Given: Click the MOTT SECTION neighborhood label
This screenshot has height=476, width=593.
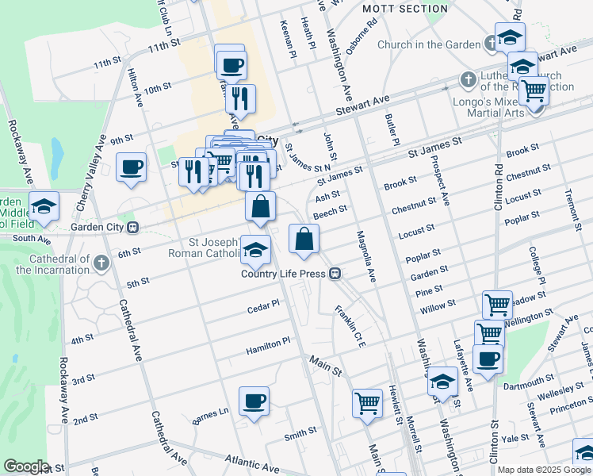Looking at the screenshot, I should [404, 9].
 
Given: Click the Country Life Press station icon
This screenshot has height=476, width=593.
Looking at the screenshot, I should [336, 274].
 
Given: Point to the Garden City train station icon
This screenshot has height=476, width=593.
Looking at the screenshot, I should [133, 227].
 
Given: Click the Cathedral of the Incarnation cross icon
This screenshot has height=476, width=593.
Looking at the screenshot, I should [101, 262].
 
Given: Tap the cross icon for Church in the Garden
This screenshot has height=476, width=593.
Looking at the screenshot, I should [490, 45].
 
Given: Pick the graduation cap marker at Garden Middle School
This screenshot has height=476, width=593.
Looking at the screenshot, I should [44, 206].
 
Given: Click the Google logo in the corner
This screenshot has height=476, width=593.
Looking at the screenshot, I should [26, 466].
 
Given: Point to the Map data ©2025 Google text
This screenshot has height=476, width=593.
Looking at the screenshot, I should [544, 470].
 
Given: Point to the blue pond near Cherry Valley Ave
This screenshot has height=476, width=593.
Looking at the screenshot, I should [56, 148].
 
